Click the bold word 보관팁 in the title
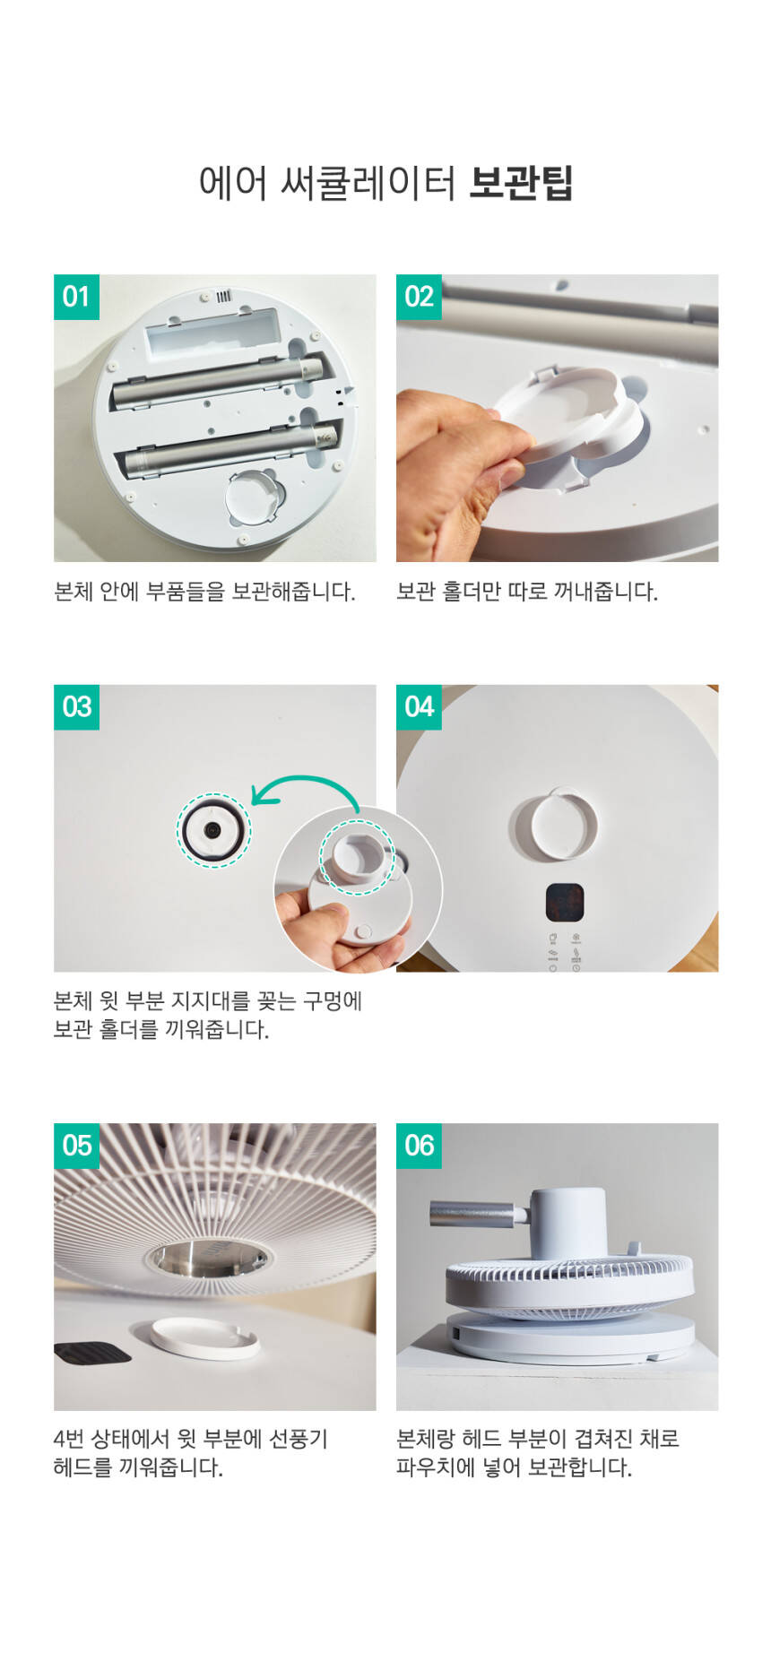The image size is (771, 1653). point(521,183)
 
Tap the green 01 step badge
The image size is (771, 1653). point(76,297)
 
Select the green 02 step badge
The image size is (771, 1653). point(419,297)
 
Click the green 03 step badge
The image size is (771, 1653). point(76,707)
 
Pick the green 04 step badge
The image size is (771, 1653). point(419,707)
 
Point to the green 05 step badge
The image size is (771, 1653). point(76,1146)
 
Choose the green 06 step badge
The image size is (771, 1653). point(419,1146)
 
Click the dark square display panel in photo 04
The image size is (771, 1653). point(565,903)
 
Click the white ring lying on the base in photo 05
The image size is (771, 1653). point(204,1338)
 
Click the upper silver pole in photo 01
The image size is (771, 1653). point(218,380)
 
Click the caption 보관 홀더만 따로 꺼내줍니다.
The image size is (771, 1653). point(527,592)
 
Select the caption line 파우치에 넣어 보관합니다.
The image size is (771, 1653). point(515,1467)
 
